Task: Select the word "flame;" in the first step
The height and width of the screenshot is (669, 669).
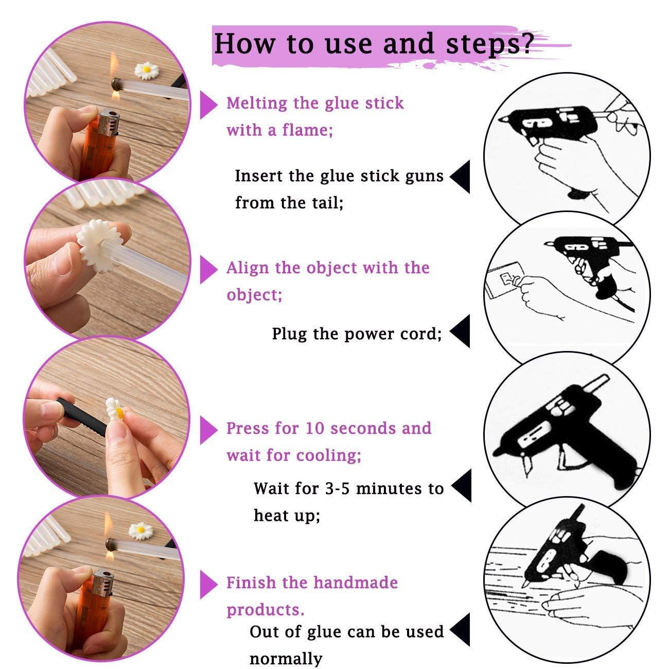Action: (x=307, y=130)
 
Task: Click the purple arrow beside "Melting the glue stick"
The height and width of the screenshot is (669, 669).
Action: (x=208, y=105)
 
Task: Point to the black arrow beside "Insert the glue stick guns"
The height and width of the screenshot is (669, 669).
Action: (x=461, y=177)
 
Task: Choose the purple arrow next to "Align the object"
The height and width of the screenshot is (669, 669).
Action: (x=208, y=270)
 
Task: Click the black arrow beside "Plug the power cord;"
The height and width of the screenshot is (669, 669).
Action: (x=461, y=331)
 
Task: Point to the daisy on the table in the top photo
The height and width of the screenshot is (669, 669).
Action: (x=147, y=70)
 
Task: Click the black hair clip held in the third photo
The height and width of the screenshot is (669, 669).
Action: (x=82, y=417)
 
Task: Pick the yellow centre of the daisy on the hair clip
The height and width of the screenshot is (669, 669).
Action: (x=119, y=413)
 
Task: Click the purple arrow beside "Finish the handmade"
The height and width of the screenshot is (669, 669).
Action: (x=208, y=585)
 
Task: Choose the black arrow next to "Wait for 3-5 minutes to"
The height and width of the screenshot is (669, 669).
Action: (x=462, y=486)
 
